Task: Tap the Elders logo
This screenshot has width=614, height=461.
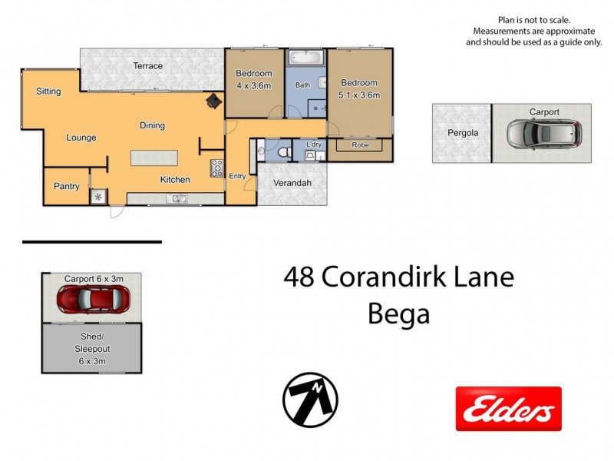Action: [508, 409]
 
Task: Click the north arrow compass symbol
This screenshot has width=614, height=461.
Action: [310, 400]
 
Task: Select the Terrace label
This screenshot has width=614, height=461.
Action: [147, 66]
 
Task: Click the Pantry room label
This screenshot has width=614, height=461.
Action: [66, 187]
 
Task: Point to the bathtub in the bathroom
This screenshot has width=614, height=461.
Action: [305, 57]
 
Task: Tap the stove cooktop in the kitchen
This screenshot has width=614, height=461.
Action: [216, 167]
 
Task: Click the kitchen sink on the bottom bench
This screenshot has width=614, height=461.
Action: [178, 199]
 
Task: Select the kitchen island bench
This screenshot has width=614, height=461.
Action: [154, 158]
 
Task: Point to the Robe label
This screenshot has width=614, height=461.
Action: [360, 145]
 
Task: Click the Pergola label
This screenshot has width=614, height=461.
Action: [463, 133]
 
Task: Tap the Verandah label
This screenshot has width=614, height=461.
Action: [292, 183]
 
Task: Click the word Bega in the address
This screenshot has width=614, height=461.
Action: [398, 313]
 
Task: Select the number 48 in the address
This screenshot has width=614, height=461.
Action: [299, 276]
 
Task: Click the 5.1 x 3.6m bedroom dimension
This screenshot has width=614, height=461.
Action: [359, 95]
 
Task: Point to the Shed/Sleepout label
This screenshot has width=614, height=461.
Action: [92, 348]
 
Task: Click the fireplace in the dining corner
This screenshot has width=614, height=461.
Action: [212, 100]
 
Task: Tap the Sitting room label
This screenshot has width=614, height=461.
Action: [48, 91]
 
